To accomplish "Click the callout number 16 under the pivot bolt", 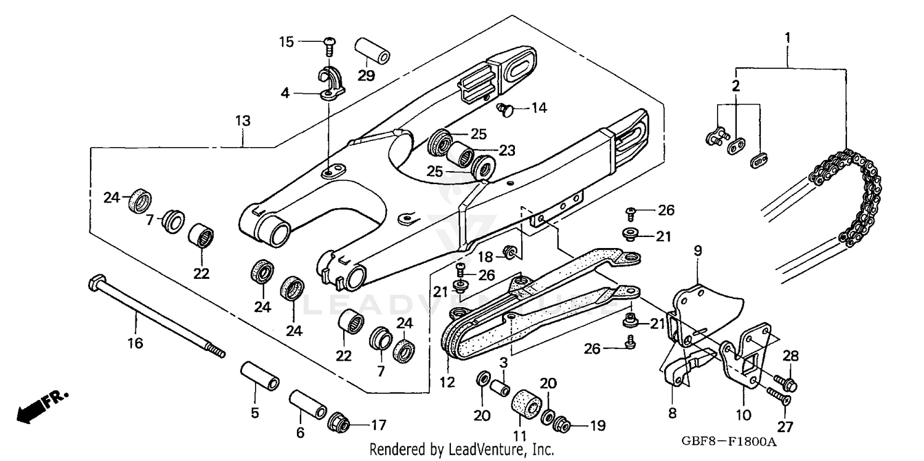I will [135, 343].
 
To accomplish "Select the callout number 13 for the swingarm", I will [243, 121].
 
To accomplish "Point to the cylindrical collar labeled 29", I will [372, 52].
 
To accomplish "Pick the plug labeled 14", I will [505, 110].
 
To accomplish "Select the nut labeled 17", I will [339, 423].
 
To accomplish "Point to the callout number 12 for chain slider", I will [447, 382].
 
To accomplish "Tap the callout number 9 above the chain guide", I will [698, 251].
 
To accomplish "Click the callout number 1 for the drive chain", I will [787, 38].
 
